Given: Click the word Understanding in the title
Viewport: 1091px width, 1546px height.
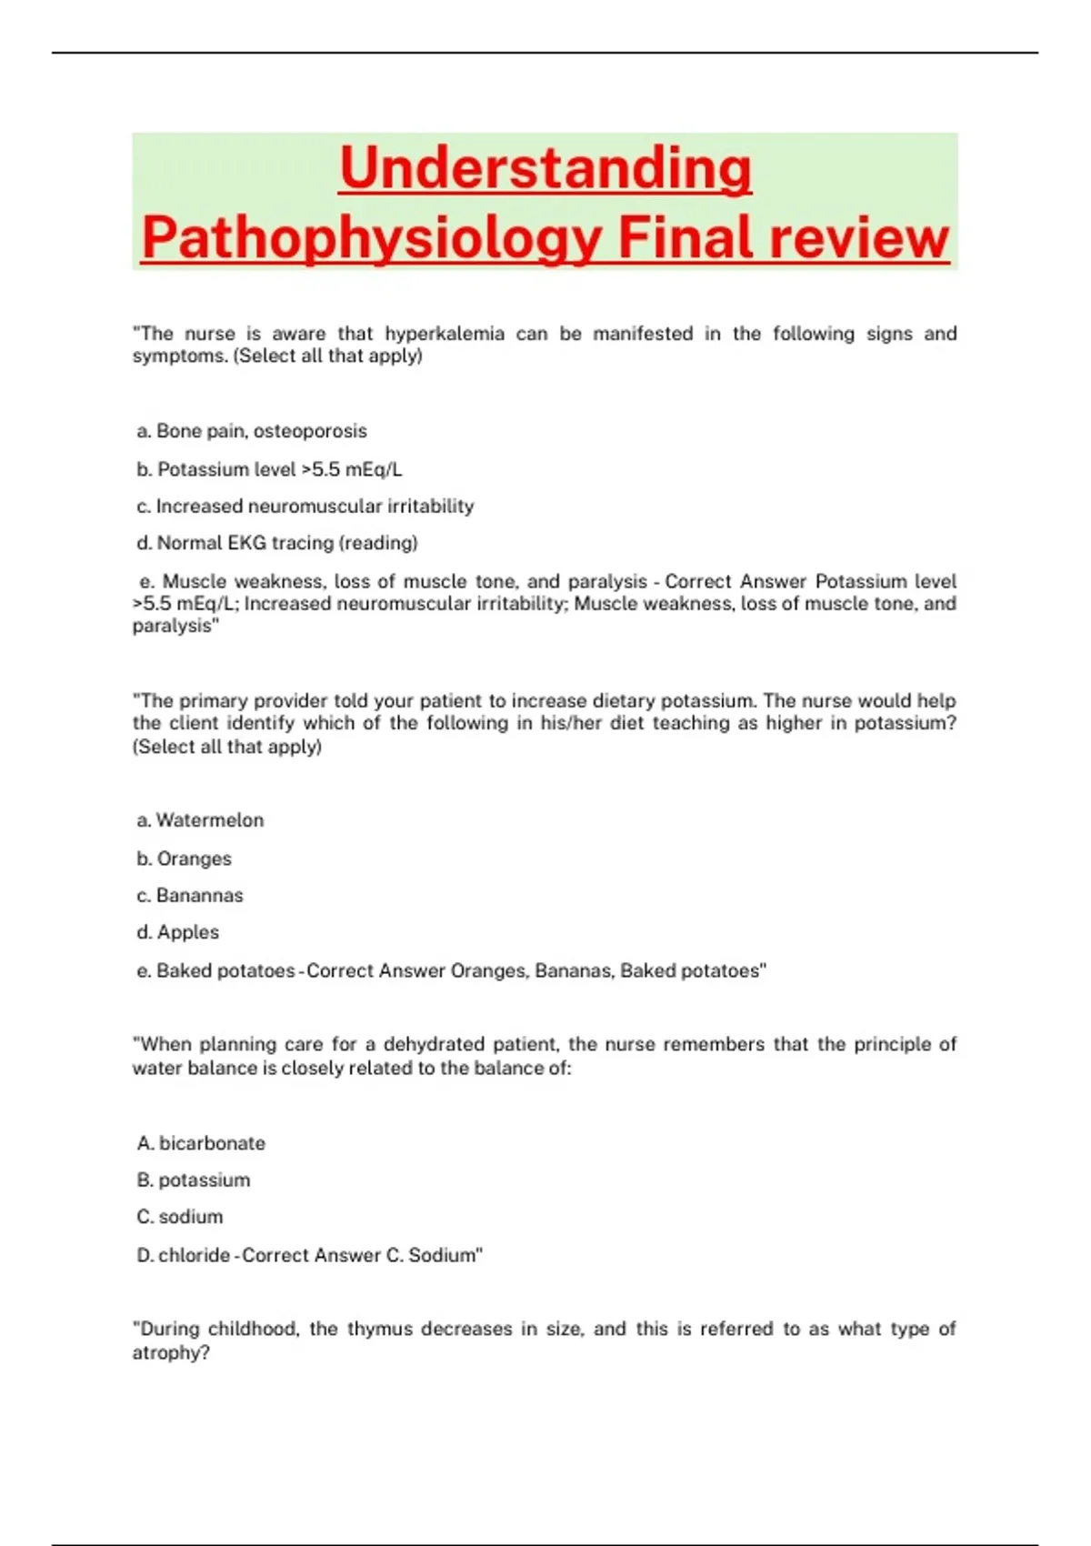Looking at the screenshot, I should (545, 168).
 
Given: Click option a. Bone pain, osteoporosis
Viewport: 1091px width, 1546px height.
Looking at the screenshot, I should (252, 431).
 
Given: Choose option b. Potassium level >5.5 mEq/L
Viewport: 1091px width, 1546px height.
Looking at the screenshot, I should (269, 469).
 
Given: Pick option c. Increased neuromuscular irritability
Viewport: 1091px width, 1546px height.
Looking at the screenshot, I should (305, 507).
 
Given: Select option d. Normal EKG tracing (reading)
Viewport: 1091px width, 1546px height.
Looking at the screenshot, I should (277, 543).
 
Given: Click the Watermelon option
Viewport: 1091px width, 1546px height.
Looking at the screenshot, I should (201, 820).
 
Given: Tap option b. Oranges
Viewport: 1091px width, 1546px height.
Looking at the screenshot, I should (185, 858).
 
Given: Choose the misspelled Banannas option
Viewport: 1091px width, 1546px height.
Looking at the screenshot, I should (190, 896).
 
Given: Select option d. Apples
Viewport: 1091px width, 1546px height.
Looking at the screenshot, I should (178, 932).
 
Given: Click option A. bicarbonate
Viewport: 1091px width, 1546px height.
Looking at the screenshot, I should (201, 1143).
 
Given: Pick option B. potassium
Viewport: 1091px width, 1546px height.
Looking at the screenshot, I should (194, 1180).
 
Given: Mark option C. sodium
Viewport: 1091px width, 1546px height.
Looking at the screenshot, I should (180, 1217).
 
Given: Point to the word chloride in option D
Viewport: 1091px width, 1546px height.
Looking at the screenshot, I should (194, 1255).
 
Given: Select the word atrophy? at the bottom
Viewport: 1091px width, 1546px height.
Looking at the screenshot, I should (171, 1352).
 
